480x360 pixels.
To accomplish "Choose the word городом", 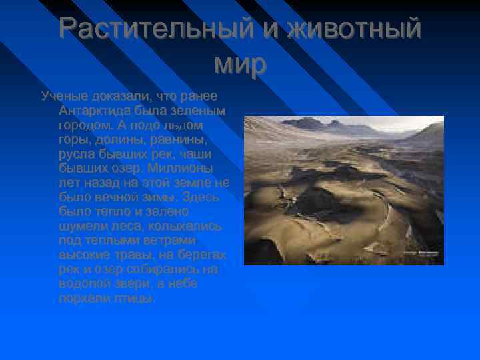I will (x=85, y=125).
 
